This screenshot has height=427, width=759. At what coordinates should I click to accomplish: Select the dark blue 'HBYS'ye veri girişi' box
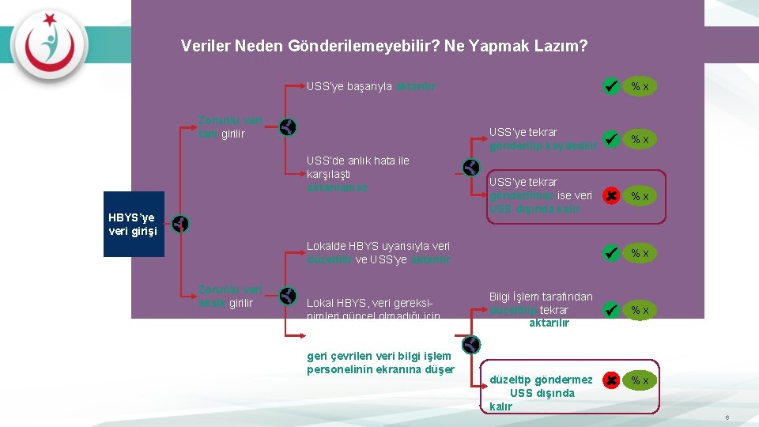[134, 224]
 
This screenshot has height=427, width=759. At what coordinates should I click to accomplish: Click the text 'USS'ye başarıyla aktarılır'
[371, 85]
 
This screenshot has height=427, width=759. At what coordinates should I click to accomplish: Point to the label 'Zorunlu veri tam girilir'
[230, 127]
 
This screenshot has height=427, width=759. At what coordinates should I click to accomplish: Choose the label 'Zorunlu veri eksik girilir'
[230, 296]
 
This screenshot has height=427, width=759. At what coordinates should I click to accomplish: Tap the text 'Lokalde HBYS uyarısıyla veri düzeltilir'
[379, 252]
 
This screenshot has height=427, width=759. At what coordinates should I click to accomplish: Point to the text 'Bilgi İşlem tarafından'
[541, 297]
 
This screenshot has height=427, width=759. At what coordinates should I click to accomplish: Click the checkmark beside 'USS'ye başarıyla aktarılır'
[610, 85]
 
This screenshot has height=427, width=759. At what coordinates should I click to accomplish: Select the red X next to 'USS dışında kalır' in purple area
[610, 195]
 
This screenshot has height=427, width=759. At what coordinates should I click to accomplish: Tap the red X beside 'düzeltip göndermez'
[610, 380]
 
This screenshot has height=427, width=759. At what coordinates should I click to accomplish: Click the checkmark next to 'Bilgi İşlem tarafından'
[610, 310]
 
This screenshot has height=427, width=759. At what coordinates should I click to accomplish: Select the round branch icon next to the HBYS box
[180, 225]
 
